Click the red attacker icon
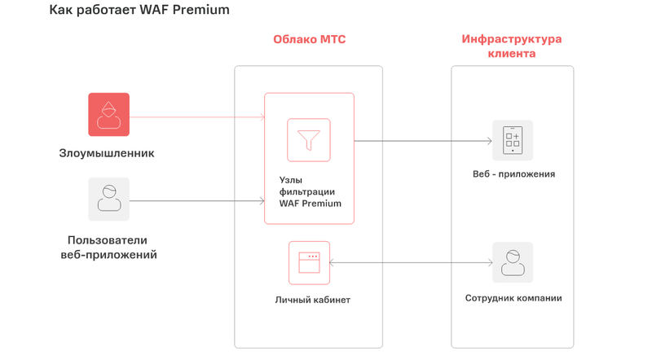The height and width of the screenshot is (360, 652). tap(109, 114)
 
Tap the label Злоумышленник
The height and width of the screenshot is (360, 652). tap(107, 153)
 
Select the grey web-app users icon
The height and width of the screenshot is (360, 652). tap(109, 200)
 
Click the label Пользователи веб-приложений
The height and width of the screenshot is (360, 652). tap(108, 248)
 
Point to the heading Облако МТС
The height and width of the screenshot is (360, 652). tap(309, 40)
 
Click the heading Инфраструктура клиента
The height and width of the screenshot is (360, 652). tap(512, 46)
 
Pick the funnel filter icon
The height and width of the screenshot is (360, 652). tap(309, 140)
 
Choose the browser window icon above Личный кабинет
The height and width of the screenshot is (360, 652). tap(309, 262)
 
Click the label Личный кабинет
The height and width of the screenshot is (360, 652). tap(313, 300)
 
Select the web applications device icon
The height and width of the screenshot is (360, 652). tap(513, 140)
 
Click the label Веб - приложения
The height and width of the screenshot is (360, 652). tap(513, 174)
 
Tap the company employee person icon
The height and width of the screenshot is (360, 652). tap(513, 262)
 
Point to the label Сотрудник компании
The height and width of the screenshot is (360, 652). tap(513, 298)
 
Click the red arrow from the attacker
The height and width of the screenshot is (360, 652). tap(196, 117)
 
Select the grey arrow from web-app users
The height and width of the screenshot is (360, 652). tap(196, 200)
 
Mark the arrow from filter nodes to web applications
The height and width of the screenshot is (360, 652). tap(422, 141)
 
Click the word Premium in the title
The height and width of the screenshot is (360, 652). tap(200, 11)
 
